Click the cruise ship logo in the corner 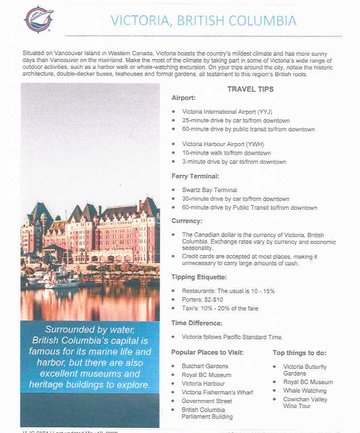(x=38, y=19)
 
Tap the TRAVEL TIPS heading (x=250, y=89)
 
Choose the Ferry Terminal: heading (x=195, y=176)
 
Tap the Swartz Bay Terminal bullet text (x=210, y=190)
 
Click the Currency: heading (x=187, y=220)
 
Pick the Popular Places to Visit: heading (x=207, y=352)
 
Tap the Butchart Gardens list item (x=205, y=366)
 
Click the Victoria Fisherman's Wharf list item (x=217, y=392)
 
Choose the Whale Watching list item (x=305, y=391)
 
